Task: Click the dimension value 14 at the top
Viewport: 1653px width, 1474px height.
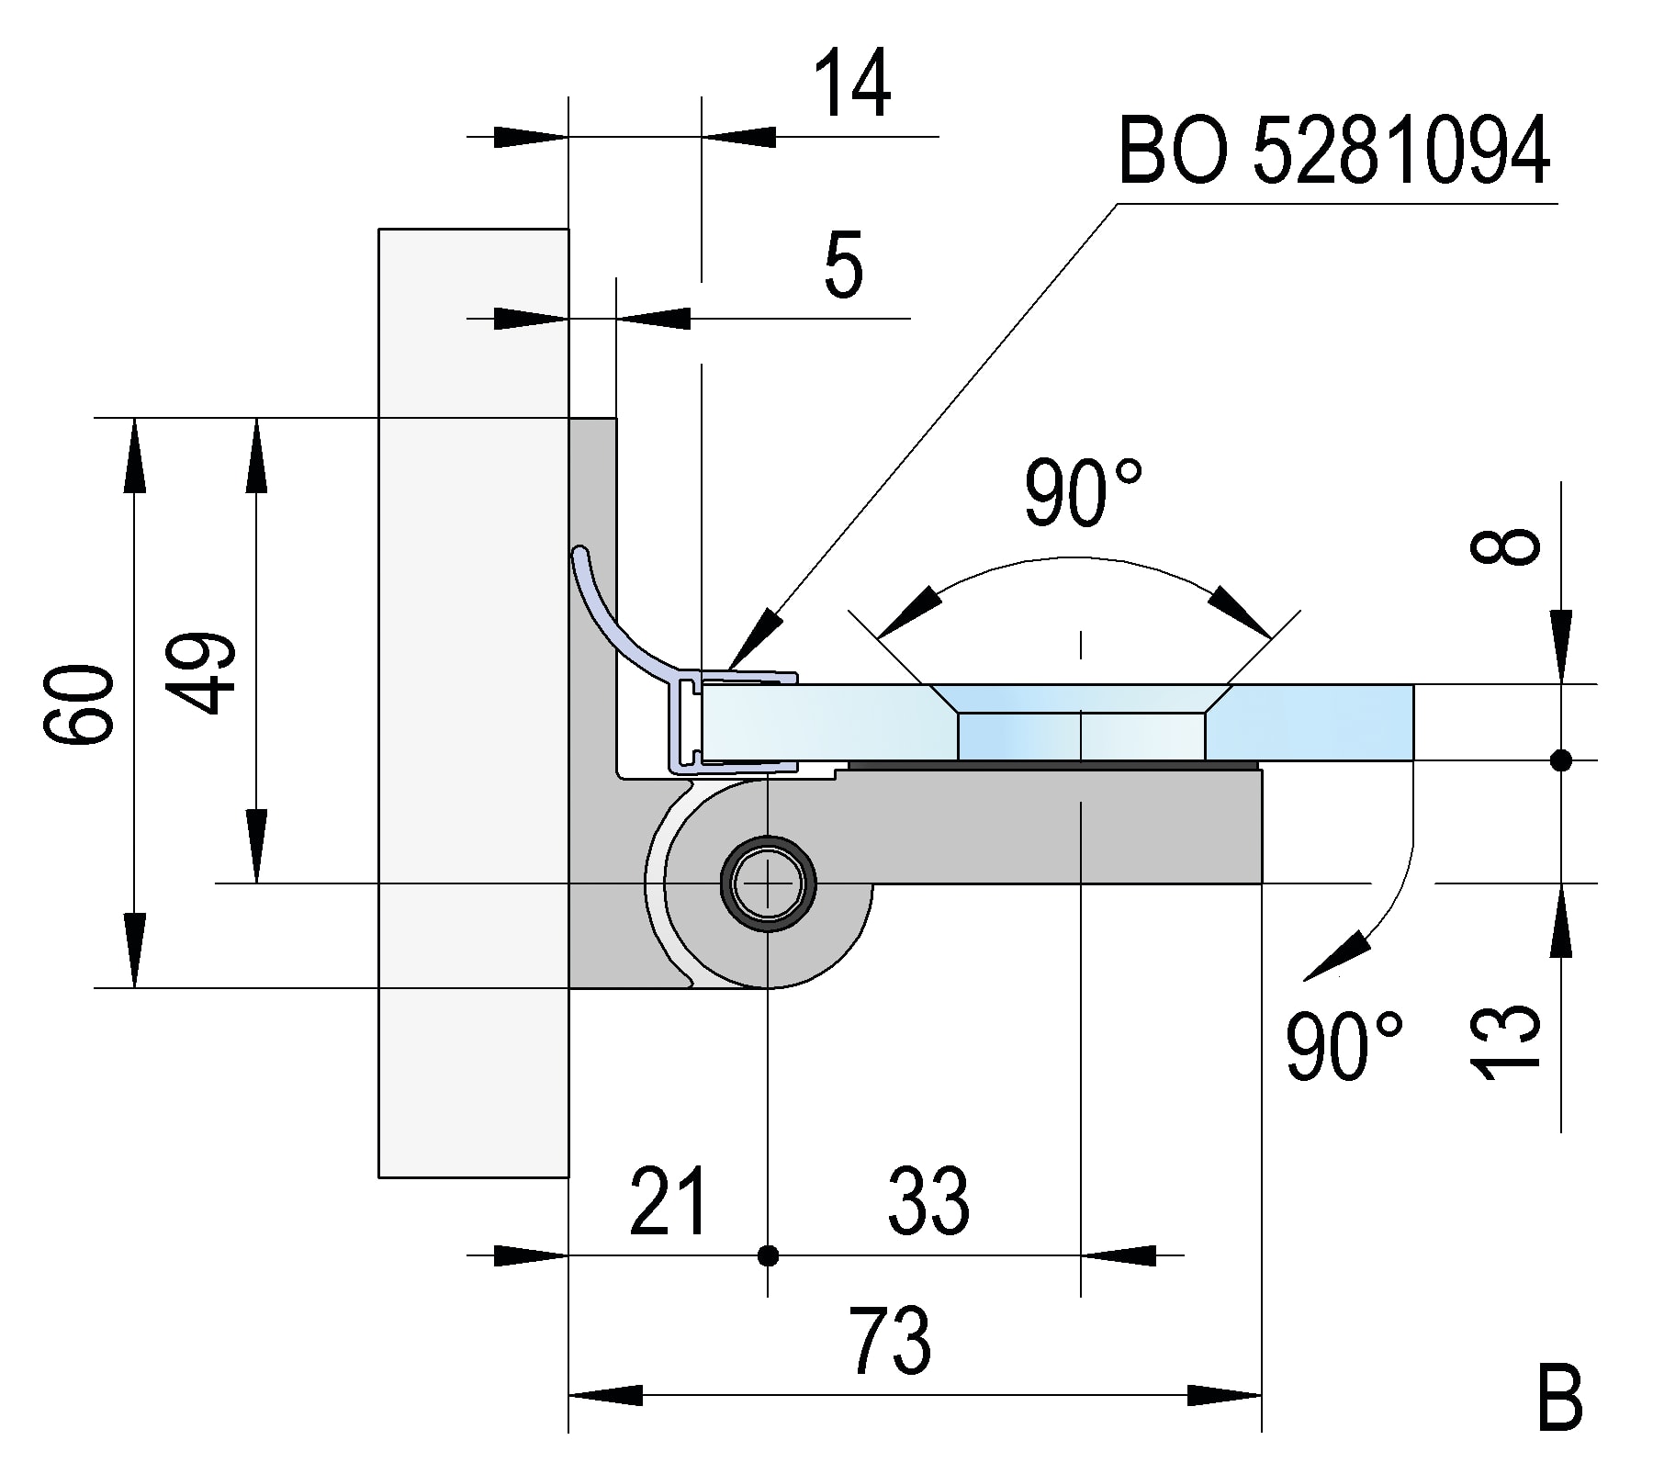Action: tap(853, 84)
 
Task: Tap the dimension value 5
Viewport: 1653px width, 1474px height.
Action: tap(843, 268)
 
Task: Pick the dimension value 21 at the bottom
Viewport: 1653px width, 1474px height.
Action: tap(669, 1202)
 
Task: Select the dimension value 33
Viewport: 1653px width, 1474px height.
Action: tap(928, 1202)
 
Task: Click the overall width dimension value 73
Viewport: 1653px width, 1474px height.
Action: tap(889, 1342)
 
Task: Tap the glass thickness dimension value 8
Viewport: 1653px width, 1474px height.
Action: tap(1504, 547)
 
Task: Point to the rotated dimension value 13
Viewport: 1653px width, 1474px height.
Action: tap(1504, 1041)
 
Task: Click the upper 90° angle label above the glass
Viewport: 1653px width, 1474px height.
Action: tap(1084, 494)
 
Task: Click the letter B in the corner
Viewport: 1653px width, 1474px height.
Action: tap(1559, 1399)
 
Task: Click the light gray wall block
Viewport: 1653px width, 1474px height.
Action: tap(473, 703)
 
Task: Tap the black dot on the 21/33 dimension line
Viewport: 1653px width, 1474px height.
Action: tap(768, 1255)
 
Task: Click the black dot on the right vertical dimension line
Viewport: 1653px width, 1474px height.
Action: tap(1560, 760)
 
